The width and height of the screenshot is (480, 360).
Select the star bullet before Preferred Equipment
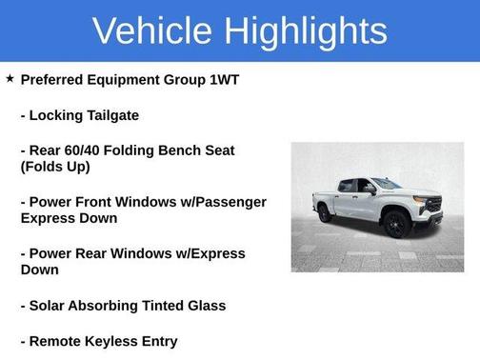coord(10,79)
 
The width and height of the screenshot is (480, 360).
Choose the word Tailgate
coord(110,115)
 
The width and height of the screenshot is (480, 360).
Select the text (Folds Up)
coord(55,167)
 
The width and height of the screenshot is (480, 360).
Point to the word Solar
coord(50,306)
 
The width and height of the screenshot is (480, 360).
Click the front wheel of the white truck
coord(394,225)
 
